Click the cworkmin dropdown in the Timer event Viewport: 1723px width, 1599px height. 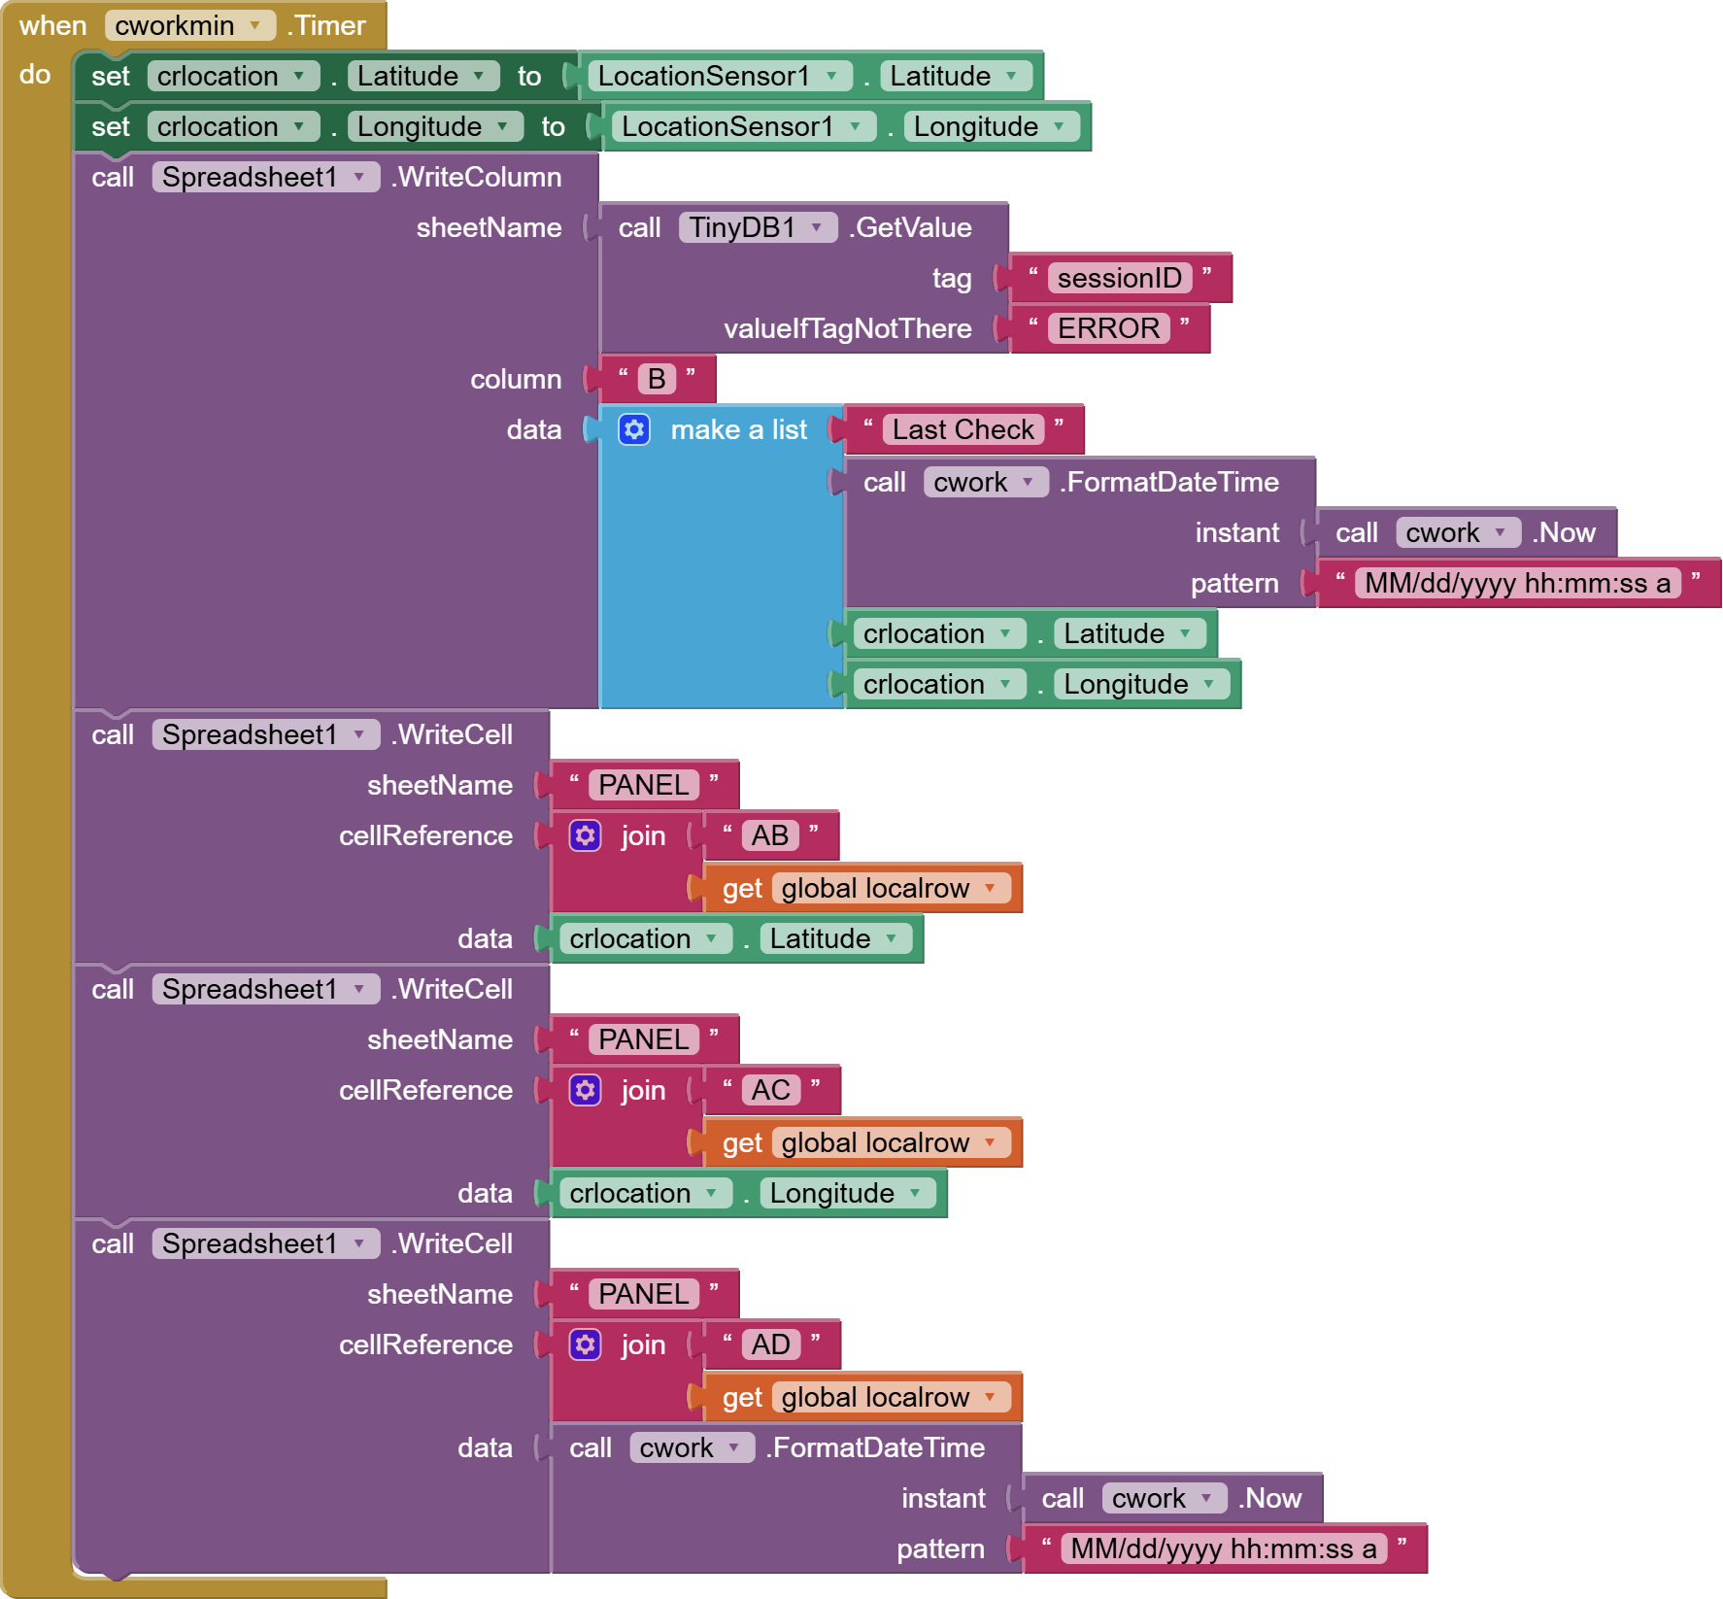[x=189, y=25]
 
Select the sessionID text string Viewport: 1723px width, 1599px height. [x=1119, y=278]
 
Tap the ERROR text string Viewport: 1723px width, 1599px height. [x=1108, y=328]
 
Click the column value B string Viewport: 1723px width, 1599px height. [x=657, y=379]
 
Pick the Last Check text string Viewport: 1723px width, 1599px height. [x=963, y=429]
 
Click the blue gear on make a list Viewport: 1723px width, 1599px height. [x=634, y=429]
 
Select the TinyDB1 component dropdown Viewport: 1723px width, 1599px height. [x=757, y=227]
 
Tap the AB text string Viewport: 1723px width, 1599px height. [x=769, y=835]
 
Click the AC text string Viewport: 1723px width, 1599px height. [x=770, y=1090]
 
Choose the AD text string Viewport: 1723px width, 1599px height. [x=770, y=1344]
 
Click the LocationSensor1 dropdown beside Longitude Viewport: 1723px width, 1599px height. [x=741, y=126]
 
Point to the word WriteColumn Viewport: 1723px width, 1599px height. [x=478, y=177]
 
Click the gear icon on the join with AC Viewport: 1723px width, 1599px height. [x=585, y=1090]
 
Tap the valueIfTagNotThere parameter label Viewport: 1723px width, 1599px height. [x=847, y=328]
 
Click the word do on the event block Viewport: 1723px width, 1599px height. [x=35, y=74]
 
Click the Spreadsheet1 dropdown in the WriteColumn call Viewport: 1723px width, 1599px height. [x=264, y=177]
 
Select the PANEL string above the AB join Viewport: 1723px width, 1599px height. [x=643, y=785]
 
